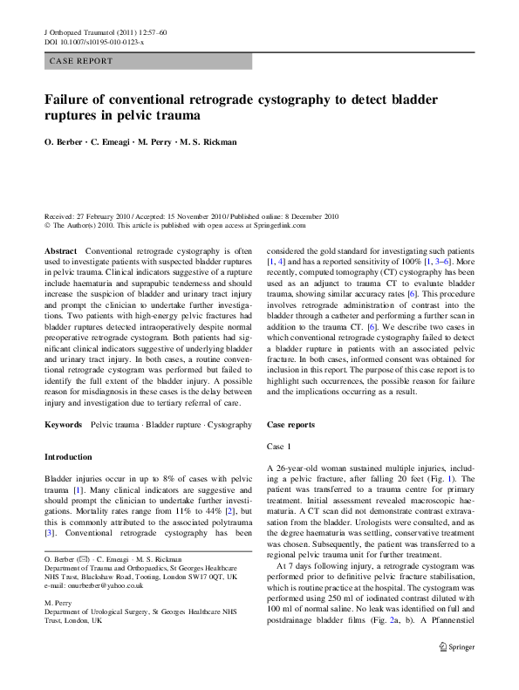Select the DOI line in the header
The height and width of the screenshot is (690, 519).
[93, 42]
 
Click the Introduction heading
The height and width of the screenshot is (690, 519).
[67, 457]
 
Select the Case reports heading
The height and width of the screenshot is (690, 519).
[294, 423]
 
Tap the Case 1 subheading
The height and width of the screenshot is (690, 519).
[279, 446]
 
